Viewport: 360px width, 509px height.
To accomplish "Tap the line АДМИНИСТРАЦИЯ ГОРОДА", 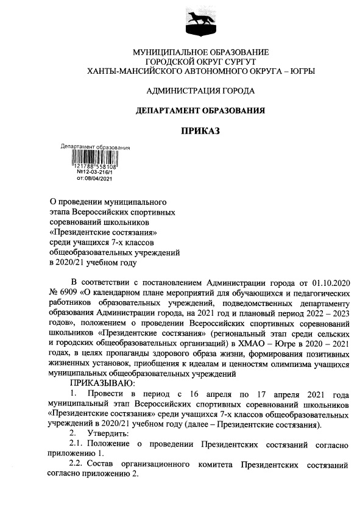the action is click(200, 91).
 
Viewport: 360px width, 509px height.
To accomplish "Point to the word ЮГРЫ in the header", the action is click(300, 71).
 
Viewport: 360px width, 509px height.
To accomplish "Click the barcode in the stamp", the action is click(95, 157).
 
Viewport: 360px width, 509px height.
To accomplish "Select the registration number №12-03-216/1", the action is click(94, 173).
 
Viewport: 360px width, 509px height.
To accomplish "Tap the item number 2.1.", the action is click(78, 443).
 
